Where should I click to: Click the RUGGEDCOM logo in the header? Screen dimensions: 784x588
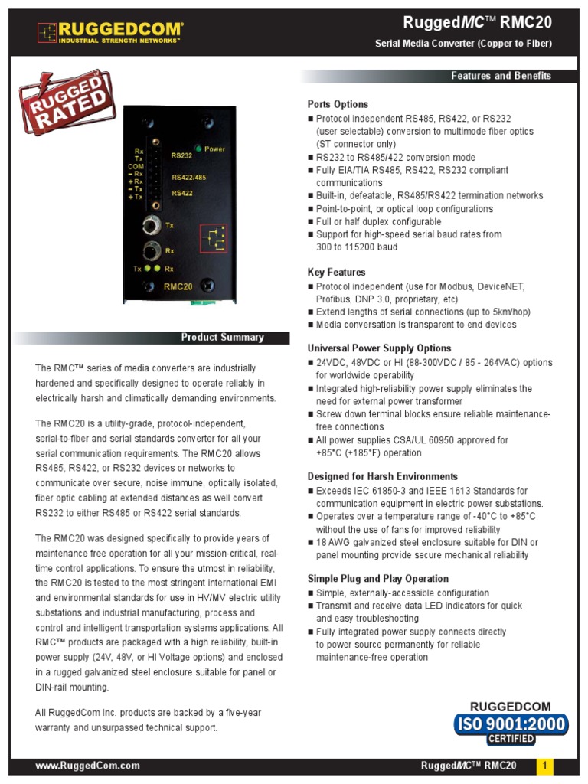click(x=110, y=31)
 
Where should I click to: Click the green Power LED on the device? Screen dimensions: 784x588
click(x=198, y=149)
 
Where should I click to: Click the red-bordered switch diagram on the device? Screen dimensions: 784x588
click(x=214, y=238)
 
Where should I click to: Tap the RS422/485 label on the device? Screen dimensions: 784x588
click(x=188, y=178)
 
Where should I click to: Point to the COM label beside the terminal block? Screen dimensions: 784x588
click(x=136, y=166)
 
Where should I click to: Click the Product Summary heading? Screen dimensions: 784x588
click(x=222, y=338)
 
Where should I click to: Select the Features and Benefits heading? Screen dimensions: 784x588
click(x=501, y=76)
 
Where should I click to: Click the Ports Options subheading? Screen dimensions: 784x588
click(x=338, y=104)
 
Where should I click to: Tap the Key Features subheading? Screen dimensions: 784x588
click(x=336, y=273)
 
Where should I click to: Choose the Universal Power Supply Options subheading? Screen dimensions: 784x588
click(x=379, y=348)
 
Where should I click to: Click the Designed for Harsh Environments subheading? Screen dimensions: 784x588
click(x=383, y=476)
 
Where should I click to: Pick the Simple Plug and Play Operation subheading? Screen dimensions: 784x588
click(x=377, y=579)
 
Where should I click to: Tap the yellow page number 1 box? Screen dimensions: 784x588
click(x=545, y=766)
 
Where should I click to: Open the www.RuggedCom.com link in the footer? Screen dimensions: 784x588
click(x=88, y=766)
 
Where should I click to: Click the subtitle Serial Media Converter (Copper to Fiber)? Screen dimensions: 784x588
click(x=463, y=44)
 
